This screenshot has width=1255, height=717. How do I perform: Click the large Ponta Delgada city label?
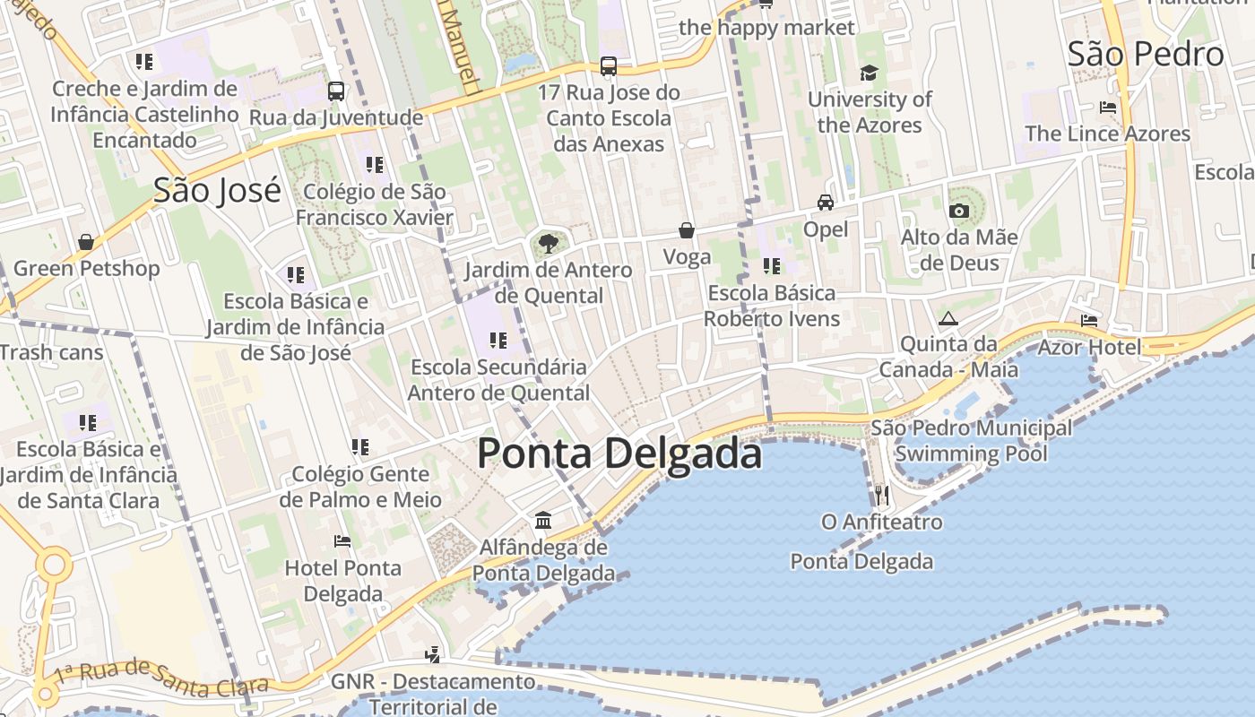pyautogui.click(x=619, y=453)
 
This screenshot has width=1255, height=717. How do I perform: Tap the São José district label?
pyautogui.click(x=217, y=190)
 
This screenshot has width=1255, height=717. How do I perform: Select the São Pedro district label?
pyautogui.click(x=1146, y=54)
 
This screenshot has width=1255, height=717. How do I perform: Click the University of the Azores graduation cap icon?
pyautogui.click(x=869, y=73)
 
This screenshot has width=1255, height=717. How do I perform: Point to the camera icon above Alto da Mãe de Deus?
pyautogui.click(x=959, y=211)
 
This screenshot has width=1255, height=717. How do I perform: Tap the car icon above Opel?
pyautogui.click(x=826, y=203)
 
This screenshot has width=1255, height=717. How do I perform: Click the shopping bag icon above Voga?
pyautogui.click(x=687, y=230)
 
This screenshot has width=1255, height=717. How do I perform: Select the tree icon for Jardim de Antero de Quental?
pyautogui.click(x=549, y=243)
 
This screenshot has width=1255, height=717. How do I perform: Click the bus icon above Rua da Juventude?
pyautogui.click(x=336, y=91)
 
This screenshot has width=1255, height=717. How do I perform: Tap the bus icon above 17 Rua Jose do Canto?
pyautogui.click(x=609, y=65)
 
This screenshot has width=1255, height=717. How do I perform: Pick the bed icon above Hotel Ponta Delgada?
pyautogui.click(x=342, y=540)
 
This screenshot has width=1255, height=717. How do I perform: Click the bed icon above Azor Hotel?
pyautogui.click(x=1089, y=320)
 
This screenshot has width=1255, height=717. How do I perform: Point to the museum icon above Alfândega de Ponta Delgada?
pyautogui.click(x=543, y=520)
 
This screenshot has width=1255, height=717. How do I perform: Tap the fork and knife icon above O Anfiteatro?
pyautogui.click(x=881, y=494)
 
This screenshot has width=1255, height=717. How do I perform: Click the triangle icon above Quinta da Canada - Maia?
pyautogui.click(x=948, y=318)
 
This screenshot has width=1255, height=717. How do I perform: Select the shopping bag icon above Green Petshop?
pyautogui.click(x=86, y=242)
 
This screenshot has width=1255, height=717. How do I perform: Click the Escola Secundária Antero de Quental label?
pyautogui.click(x=498, y=380)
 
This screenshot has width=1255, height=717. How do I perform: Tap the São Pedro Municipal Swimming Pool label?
pyautogui.click(x=972, y=440)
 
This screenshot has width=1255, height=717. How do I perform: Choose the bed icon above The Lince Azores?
pyautogui.click(x=1108, y=108)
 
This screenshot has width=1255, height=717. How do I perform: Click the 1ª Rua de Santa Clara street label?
pyautogui.click(x=161, y=678)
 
